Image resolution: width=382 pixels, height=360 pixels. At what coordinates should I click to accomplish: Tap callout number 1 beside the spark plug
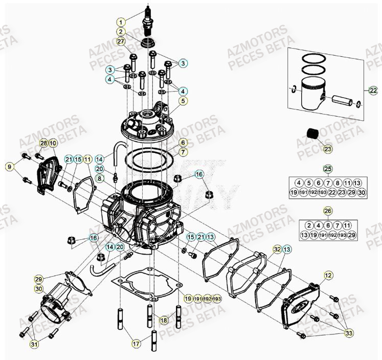click(x=121, y=22)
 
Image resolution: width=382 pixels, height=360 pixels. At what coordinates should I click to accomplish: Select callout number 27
click(x=121, y=42)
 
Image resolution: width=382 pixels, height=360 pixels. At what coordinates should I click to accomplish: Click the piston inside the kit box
click(x=314, y=93)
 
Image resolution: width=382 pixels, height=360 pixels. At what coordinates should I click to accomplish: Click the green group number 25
click(x=328, y=169)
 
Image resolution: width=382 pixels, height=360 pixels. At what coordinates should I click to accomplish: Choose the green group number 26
click(x=328, y=211)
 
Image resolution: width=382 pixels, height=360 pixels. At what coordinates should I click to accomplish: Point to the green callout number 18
click(x=163, y=320)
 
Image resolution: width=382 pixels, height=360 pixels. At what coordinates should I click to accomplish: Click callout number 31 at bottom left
click(x=34, y=344)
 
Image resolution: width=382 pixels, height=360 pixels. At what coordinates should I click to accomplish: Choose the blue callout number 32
click(x=277, y=250)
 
